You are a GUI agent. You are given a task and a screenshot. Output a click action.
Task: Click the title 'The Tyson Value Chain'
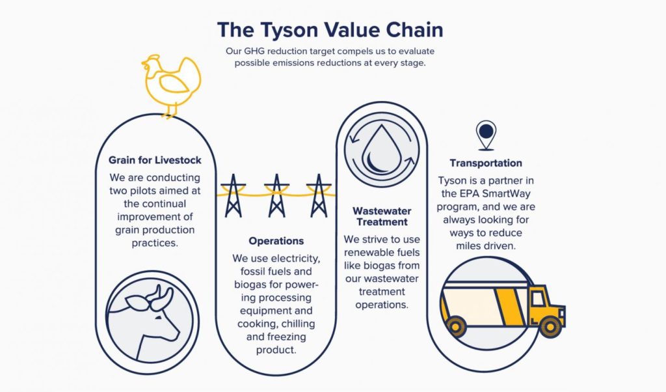pyautogui.click(x=330, y=30)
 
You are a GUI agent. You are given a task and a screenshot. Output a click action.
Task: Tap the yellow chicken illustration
pyautogui.click(x=172, y=85)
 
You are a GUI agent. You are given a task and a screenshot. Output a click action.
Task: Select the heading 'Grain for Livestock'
pyautogui.click(x=155, y=160)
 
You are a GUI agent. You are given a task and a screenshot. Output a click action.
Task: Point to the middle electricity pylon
pyautogui.click(x=276, y=195)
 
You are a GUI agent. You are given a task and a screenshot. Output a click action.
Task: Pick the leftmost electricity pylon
pyautogui.click(x=233, y=195)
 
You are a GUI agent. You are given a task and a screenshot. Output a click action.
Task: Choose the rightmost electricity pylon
pyautogui.click(x=319, y=195)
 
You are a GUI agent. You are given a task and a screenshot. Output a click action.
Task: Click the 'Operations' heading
pyautogui.click(x=276, y=241)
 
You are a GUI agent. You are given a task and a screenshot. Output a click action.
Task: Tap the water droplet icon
pyautogui.click(x=381, y=150)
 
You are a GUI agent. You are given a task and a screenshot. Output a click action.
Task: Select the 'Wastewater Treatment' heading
pyautogui.click(x=382, y=216)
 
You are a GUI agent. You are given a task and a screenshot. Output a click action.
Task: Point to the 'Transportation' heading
pyautogui.click(x=486, y=163)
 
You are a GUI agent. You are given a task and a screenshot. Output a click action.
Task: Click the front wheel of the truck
pyautogui.click(x=550, y=327)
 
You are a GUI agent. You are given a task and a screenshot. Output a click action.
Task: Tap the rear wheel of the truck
pyautogui.click(x=456, y=327)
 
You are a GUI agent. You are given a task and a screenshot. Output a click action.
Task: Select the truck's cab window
pyautogui.click(x=538, y=299)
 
